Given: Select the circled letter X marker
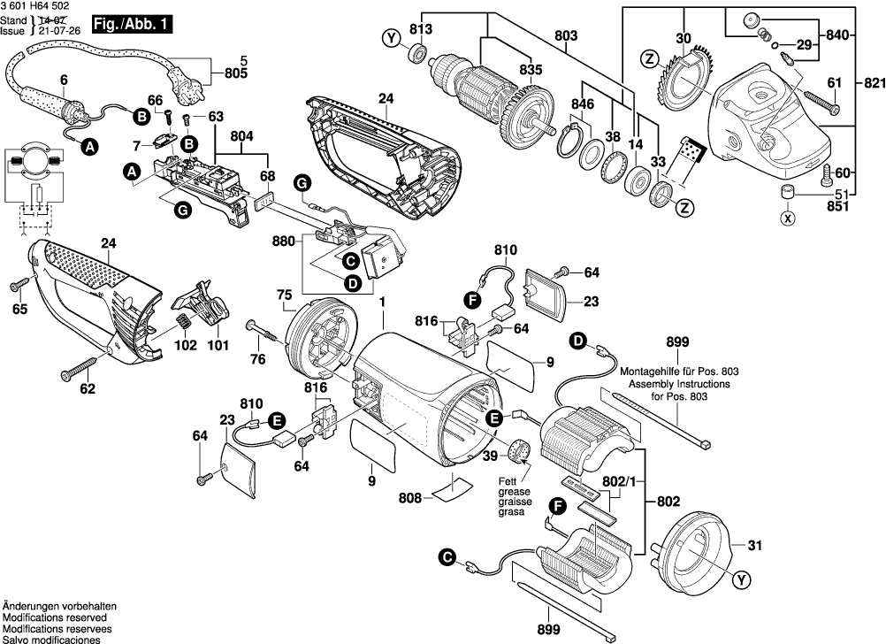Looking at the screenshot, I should (786, 217).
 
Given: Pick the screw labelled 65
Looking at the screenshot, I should (18, 285).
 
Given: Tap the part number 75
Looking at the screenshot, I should (285, 295).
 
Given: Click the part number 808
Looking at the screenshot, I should (409, 497).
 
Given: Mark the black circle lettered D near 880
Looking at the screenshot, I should (351, 284).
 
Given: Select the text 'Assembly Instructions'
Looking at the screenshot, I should (679, 385).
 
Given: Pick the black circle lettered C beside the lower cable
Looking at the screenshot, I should (447, 557).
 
